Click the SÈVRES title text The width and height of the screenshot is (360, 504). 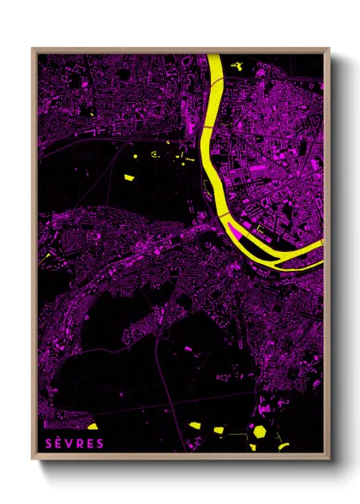click(74, 443)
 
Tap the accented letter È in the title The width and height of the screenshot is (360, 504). click(57, 443)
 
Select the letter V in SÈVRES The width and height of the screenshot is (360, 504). click(69, 443)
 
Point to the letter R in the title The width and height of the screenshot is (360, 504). click(80, 443)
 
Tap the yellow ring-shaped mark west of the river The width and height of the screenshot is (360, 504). click(154, 155)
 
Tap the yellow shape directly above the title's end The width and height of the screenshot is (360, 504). click(93, 426)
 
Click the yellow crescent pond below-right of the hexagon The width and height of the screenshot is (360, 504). click(283, 445)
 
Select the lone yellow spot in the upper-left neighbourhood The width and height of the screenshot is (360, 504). click(90, 113)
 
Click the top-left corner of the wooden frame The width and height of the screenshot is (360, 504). click(33, 49)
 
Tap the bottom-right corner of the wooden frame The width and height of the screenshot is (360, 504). click(328, 460)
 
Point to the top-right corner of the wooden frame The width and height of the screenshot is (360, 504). click(328, 49)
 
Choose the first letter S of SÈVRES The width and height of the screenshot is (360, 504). click(47, 443)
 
